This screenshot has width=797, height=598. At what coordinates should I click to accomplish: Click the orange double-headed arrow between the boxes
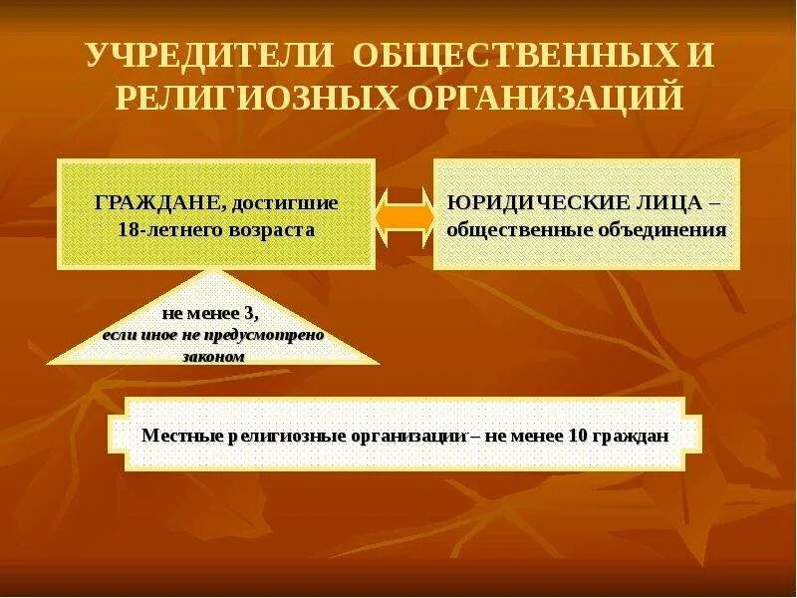(x=403, y=213)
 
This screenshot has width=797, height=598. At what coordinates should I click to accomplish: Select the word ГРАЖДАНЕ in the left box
(x=158, y=203)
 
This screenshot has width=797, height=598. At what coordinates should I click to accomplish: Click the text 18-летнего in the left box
(x=166, y=230)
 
